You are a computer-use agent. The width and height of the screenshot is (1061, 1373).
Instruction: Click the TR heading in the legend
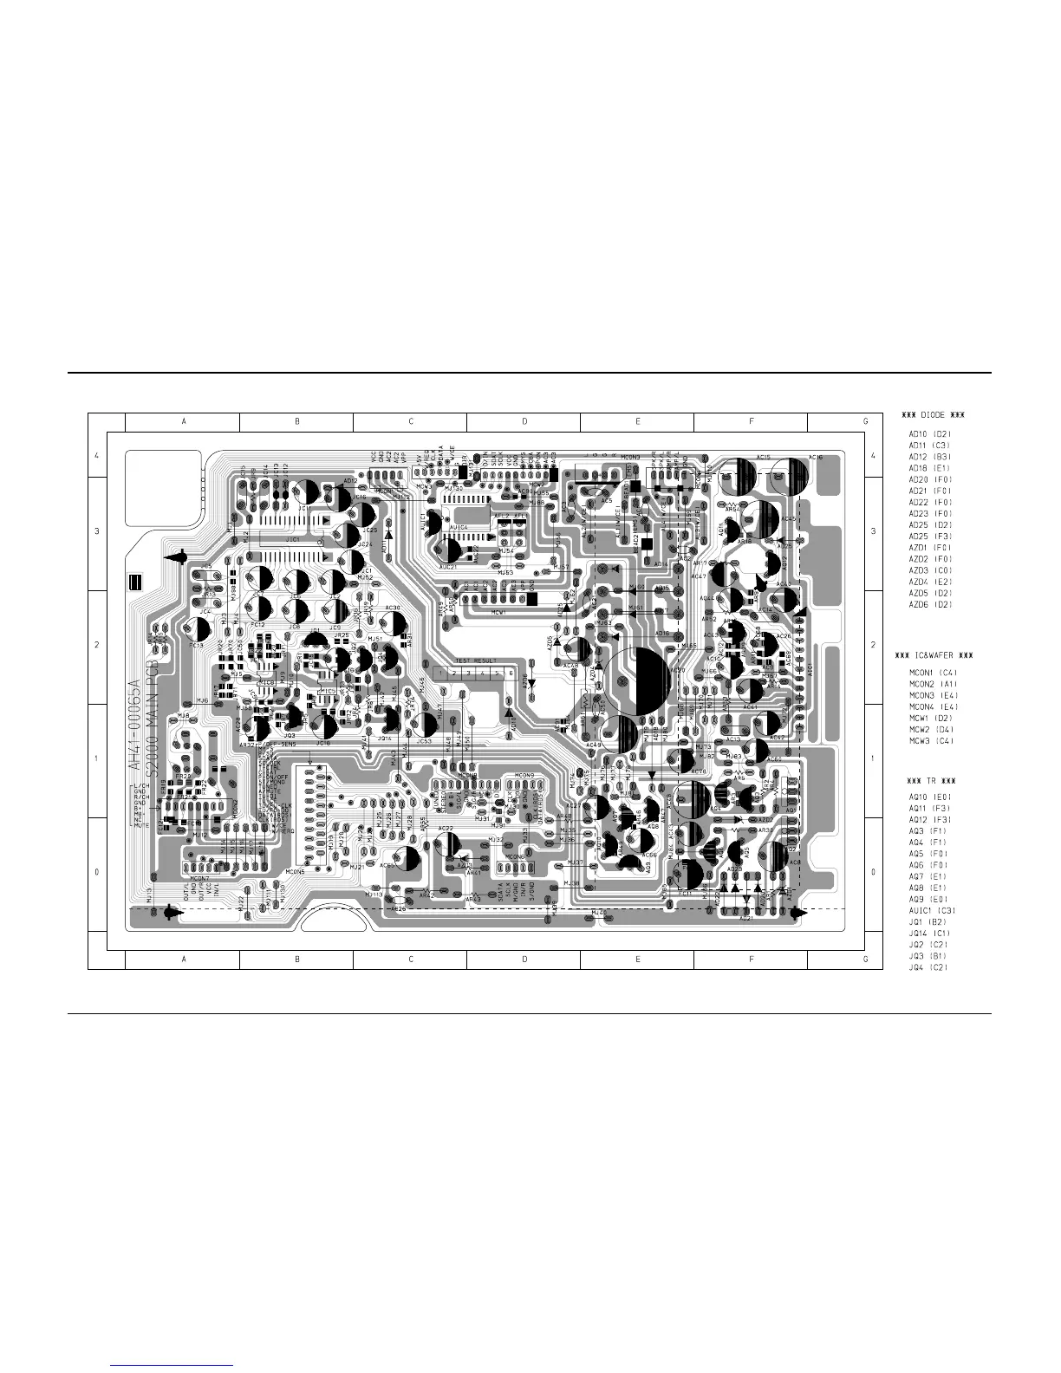point(927,780)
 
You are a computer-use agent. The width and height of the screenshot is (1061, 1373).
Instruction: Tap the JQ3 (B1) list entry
point(928,956)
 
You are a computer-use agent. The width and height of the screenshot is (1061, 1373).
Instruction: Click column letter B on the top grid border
point(296,421)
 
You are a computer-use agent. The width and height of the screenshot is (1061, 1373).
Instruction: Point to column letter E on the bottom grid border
point(637,960)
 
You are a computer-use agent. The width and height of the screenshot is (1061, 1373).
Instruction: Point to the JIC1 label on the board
point(292,539)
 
